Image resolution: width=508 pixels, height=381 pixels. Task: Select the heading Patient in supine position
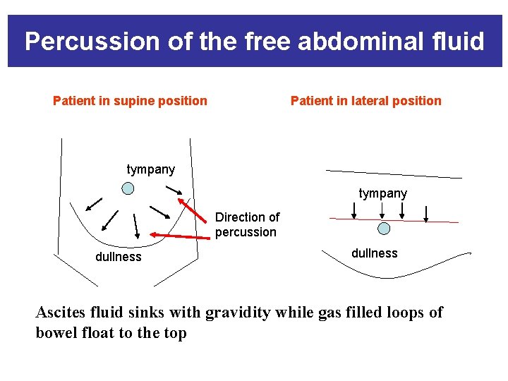[x=130, y=100]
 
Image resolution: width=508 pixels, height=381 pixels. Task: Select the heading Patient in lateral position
[x=365, y=100]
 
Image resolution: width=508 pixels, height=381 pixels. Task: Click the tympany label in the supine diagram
[x=150, y=169]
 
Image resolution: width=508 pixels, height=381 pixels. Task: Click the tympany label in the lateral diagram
[x=382, y=193]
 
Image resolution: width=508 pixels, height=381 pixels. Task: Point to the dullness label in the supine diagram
[x=118, y=257]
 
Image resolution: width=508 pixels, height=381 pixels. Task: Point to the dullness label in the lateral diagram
[x=374, y=253]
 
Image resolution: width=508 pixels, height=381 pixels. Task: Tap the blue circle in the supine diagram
[x=128, y=188]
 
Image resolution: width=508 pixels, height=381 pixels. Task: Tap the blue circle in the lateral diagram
[x=383, y=229]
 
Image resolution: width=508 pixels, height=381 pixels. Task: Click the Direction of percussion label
[x=247, y=224]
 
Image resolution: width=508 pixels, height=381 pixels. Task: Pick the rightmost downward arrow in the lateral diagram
[x=426, y=212]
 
